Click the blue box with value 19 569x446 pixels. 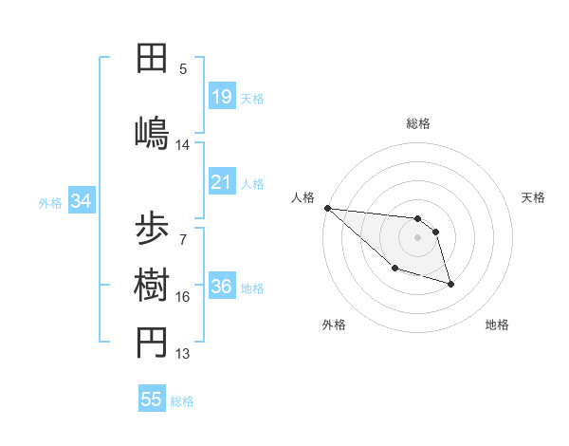click(x=221, y=96)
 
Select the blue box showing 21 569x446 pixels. click(x=221, y=181)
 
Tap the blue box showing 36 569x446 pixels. click(x=221, y=287)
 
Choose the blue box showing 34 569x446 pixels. click(x=81, y=201)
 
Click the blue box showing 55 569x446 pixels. click(x=152, y=400)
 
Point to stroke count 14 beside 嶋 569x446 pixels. click(x=183, y=145)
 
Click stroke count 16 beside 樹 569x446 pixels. click(x=183, y=297)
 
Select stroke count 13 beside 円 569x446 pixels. click(x=183, y=354)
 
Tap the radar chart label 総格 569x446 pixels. click(x=418, y=123)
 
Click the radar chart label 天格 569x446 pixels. click(x=534, y=197)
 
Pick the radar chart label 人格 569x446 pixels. click(x=303, y=197)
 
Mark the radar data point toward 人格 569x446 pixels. click(x=327, y=208)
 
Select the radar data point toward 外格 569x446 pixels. click(x=395, y=269)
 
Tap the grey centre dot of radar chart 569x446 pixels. click(x=418, y=237)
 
